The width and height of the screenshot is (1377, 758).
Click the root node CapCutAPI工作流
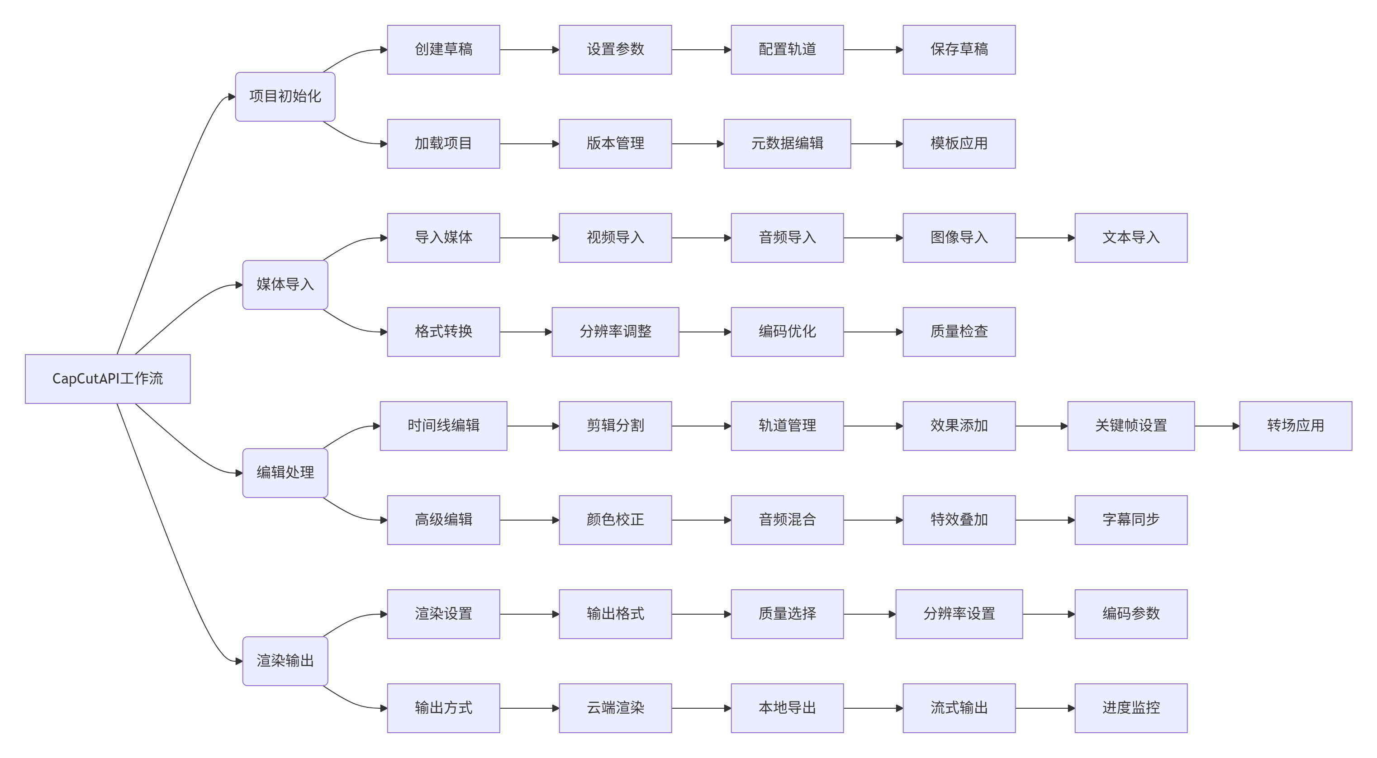(x=108, y=379)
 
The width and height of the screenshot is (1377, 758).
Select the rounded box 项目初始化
(x=285, y=97)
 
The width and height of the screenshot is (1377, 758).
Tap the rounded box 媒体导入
(x=285, y=284)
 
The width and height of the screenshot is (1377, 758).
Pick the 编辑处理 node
(x=285, y=473)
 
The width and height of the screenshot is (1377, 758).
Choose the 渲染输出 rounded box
(x=285, y=661)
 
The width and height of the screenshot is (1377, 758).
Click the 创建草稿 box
(x=443, y=50)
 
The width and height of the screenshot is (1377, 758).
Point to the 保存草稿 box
(x=959, y=50)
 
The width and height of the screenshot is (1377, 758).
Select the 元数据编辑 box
(x=787, y=144)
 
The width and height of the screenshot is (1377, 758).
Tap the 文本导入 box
(x=1130, y=238)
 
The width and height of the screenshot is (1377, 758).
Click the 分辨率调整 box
(x=615, y=332)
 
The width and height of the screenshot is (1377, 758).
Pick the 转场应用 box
(x=1295, y=426)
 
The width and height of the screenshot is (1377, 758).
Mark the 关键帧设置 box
(x=1130, y=426)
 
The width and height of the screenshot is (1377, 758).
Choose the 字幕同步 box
(x=1130, y=520)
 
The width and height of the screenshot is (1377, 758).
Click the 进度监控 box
(x=1130, y=708)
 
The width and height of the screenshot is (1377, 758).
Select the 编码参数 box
(x=1130, y=614)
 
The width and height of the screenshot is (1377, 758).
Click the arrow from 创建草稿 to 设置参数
(x=529, y=50)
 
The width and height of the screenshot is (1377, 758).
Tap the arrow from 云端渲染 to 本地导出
(x=701, y=708)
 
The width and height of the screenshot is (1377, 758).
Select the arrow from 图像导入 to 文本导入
(x=1045, y=238)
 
